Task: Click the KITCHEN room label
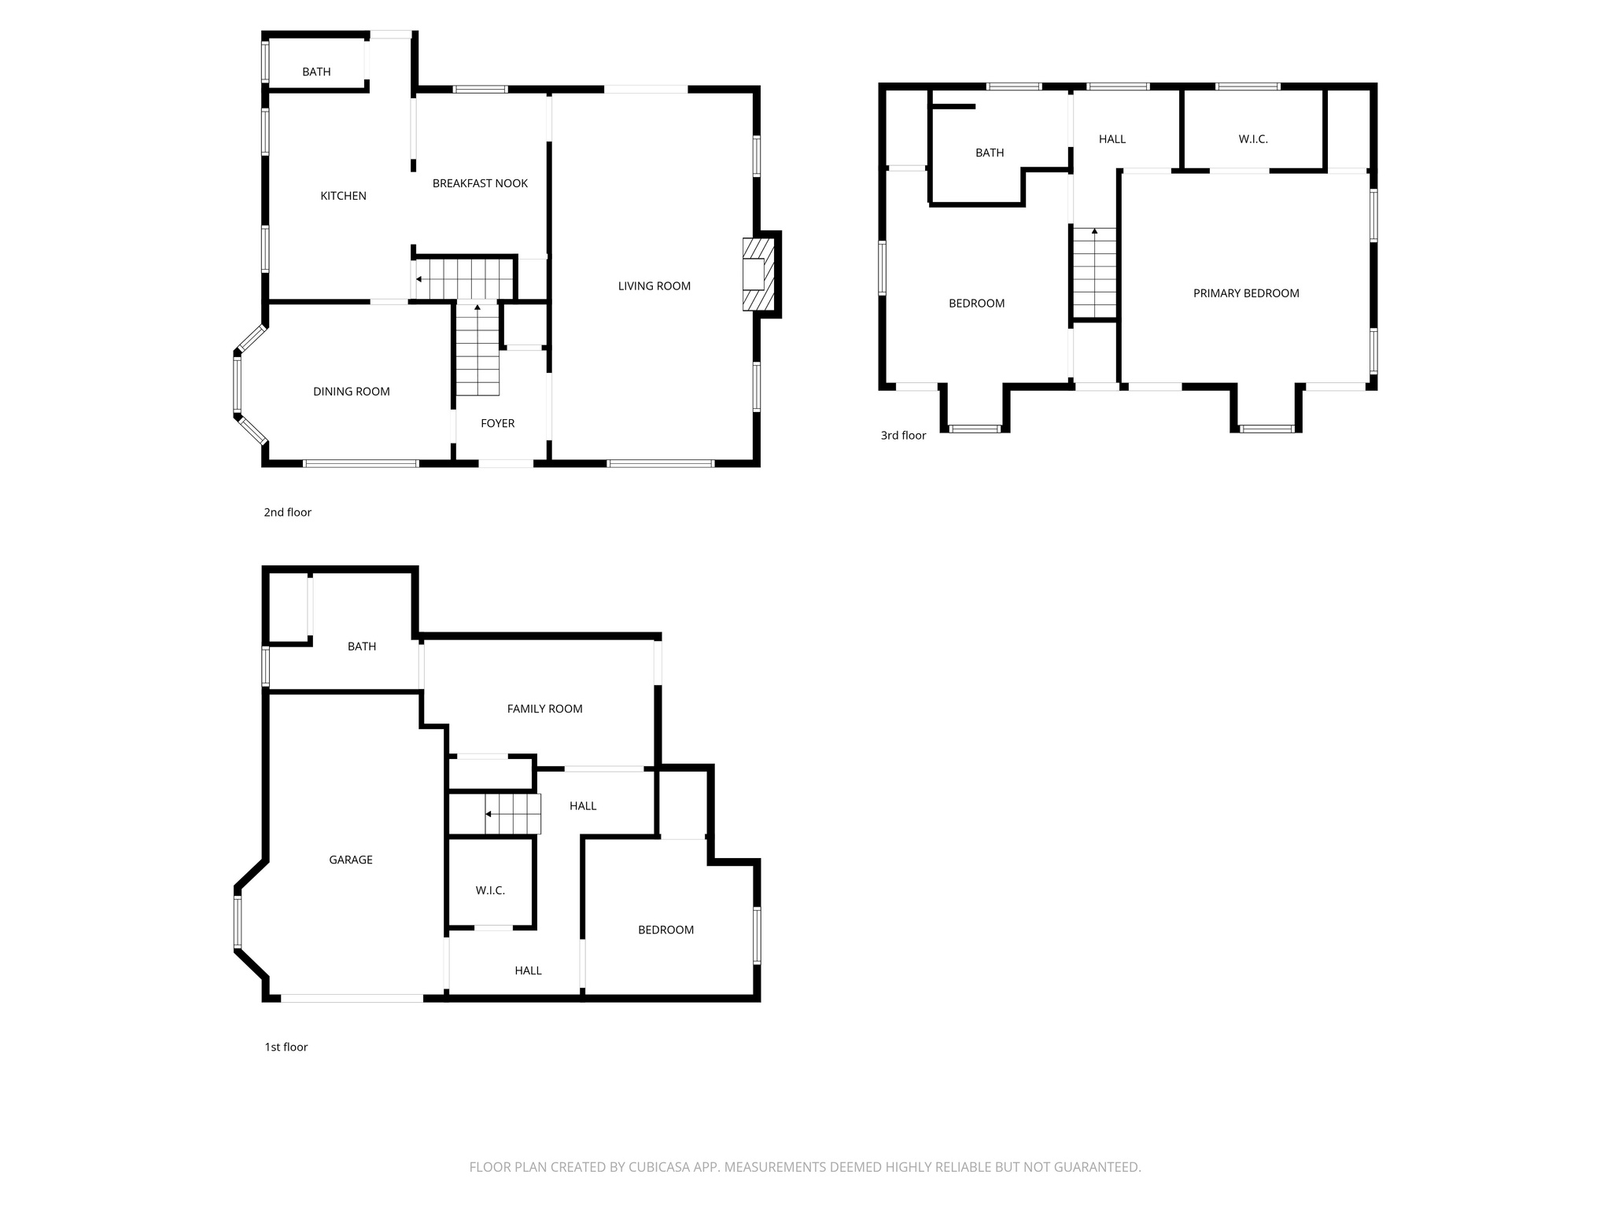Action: pyautogui.click(x=343, y=196)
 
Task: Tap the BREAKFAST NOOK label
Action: pyautogui.click(x=480, y=183)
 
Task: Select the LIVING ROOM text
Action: pyautogui.click(x=654, y=286)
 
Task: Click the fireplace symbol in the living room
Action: pyautogui.click(x=756, y=274)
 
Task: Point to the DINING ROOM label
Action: pyautogui.click(x=351, y=392)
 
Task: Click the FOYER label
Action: pyautogui.click(x=497, y=423)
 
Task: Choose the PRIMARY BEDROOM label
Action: pyautogui.click(x=1246, y=293)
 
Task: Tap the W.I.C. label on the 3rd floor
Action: pyautogui.click(x=1253, y=139)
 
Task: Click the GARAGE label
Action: pyautogui.click(x=351, y=860)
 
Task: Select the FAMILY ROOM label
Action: pyautogui.click(x=544, y=709)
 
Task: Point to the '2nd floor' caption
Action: pyautogui.click(x=287, y=512)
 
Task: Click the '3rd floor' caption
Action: pyautogui.click(x=903, y=435)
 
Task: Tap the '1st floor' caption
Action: pyautogui.click(x=286, y=1047)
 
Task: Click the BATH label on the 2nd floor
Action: pyautogui.click(x=316, y=72)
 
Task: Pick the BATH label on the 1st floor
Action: pyautogui.click(x=362, y=646)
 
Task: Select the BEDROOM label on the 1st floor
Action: pyautogui.click(x=665, y=930)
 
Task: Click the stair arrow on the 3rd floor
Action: pyautogui.click(x=1094, y=231)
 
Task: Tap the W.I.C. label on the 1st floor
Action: pyautogui.click(x=490, y=890)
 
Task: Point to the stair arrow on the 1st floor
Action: pyautogui.click(x=488, y=814)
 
